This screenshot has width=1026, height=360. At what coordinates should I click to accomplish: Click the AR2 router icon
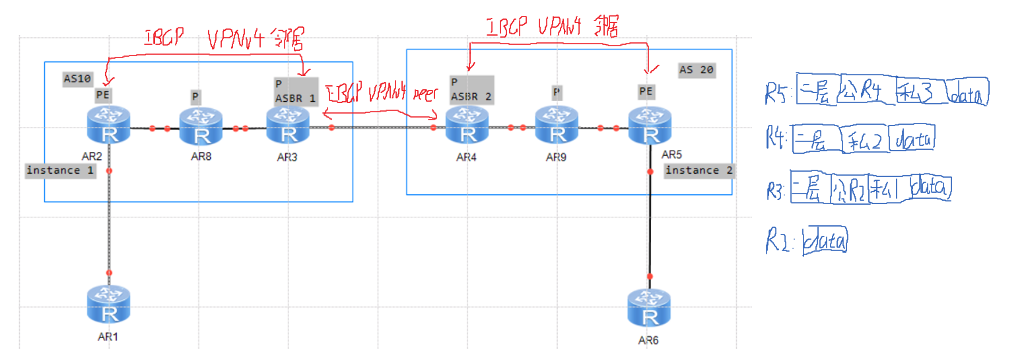tap(109, 126)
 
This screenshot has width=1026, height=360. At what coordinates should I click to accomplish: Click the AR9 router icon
tap(557, 126)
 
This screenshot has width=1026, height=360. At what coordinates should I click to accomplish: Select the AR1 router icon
tap(109, 304)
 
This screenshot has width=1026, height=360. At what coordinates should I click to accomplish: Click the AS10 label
tap(78, 79)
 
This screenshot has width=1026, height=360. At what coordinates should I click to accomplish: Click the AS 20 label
tap(696, 70)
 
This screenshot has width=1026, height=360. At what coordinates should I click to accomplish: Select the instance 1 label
tap(61, 170)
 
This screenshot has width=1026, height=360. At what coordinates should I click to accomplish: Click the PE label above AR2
tap(103, 94)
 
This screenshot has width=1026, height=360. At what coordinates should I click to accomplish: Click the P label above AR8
tap(195, 96)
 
